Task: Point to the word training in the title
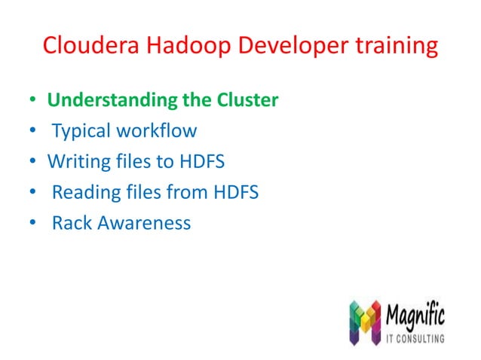(394, 46)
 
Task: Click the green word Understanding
(112, 100)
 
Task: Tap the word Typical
(81, 131)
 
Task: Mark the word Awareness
(144, 224)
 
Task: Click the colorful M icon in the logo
(366, 323)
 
